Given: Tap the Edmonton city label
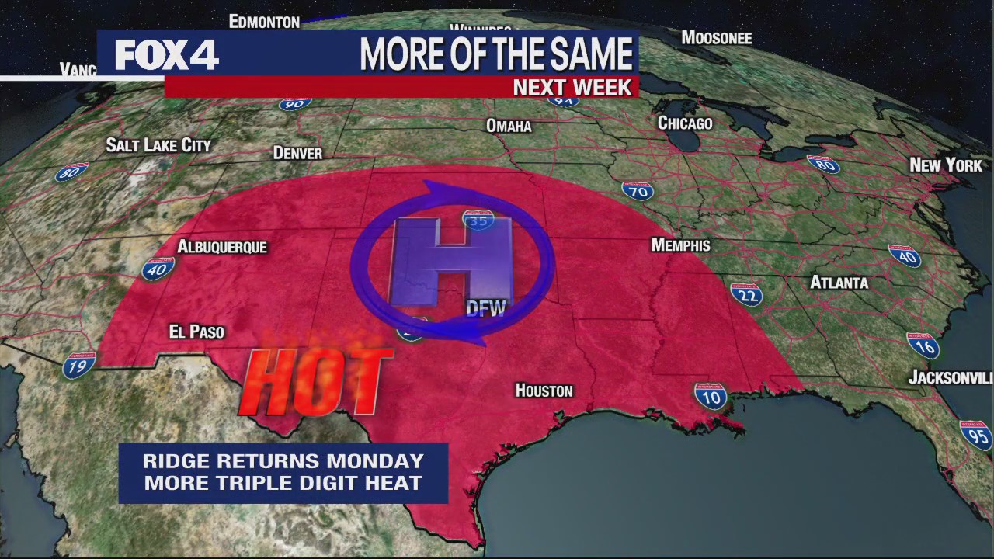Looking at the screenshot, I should click(264, 22).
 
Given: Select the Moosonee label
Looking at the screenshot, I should click(716, 37).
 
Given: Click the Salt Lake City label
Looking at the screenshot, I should click(158, 145).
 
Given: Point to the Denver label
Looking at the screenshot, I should click(297, 153).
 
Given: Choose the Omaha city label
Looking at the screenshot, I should click(509, 126).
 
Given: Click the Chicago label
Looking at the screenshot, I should click(684, 123).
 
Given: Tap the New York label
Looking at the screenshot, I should click(945, 165).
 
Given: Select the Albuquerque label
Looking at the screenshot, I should click(222, 247).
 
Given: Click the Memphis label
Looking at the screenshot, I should click(680, 245).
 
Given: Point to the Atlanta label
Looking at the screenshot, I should click(839, 283).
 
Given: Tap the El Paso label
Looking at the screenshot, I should click(196, 332).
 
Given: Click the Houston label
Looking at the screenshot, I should click(544, 391).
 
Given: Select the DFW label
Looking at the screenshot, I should click(485, 309).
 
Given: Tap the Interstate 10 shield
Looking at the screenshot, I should click(711, 397).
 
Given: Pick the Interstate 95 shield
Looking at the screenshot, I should click(976, 436).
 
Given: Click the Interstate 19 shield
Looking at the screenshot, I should click(79, 364).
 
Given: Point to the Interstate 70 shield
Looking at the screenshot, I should click(637, 191).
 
